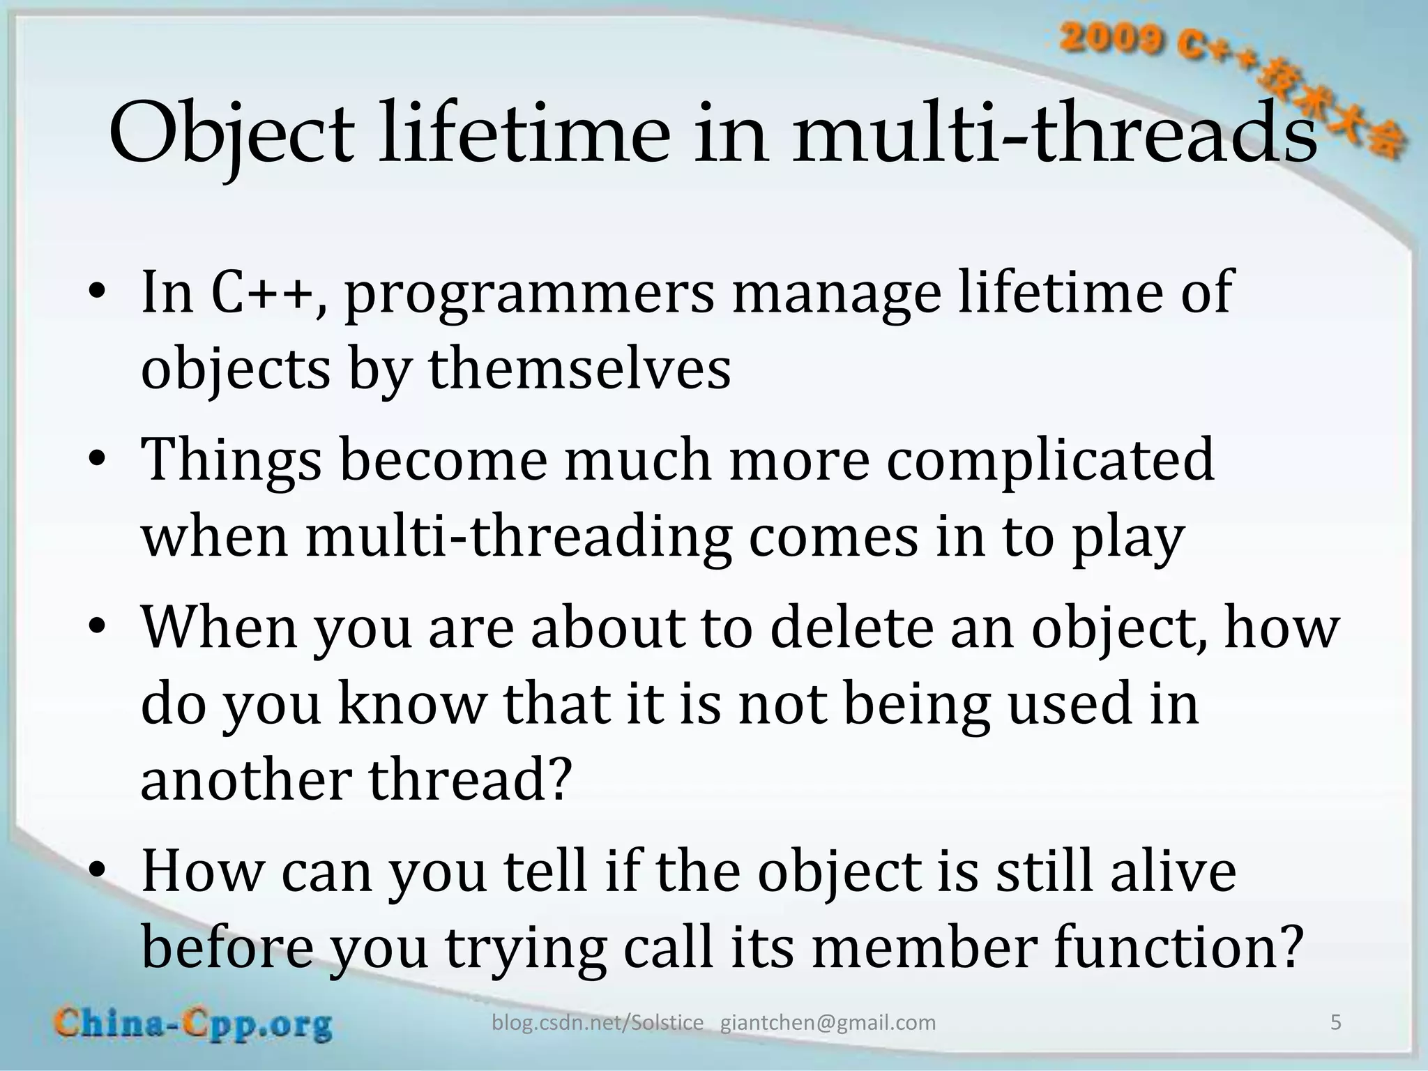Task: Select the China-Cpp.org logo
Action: coord(194,1024)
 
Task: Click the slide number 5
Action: coord(1335,1023)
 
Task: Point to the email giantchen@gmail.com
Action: coord(828,1023)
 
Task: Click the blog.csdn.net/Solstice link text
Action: coord(598,1023)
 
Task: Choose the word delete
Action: coord(851,628)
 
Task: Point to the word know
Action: coord(411,704)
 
